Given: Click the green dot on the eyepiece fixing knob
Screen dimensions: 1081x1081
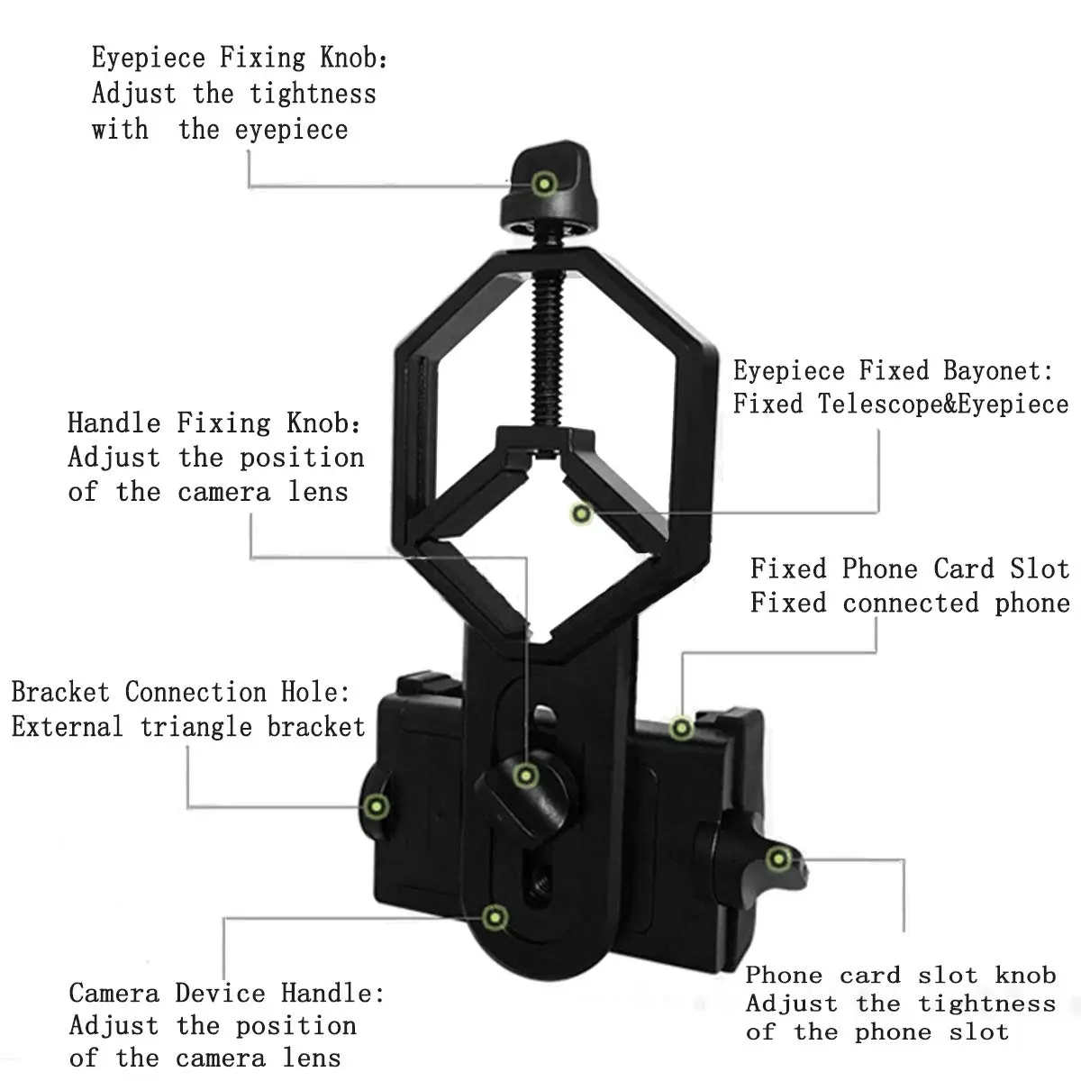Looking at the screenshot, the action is click(543, 184).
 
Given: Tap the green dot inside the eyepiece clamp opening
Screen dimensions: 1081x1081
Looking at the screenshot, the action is click(581, 513).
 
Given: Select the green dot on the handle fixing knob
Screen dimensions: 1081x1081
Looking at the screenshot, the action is click(525, 776).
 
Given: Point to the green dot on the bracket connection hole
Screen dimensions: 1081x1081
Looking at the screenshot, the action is click(377, 806).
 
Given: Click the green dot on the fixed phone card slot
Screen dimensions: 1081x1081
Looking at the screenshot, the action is click(682, 728).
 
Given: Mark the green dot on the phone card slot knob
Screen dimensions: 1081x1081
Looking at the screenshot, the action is click(778, 858).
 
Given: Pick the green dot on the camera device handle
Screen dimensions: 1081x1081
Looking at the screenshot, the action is click(495, 918).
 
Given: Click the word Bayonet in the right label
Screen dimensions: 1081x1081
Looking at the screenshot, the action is click(998, 371).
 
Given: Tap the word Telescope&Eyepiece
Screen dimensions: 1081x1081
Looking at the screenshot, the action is click(943, 404).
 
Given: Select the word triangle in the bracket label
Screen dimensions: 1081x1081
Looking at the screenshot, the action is click(195, 728).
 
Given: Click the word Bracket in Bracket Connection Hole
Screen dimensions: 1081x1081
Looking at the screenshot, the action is click(60, 692).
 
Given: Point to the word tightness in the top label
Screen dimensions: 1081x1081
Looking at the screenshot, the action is click(313, 94).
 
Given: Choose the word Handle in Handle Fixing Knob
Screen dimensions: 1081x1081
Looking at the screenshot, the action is click(114, 423).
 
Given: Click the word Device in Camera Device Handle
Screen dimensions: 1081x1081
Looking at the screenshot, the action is click(220, 994).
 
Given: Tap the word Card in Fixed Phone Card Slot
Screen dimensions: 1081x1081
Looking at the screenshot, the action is click(963, 568).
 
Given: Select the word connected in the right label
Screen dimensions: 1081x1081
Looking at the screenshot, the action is click(911, 604).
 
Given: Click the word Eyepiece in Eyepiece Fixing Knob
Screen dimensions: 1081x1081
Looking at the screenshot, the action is click(149, 59).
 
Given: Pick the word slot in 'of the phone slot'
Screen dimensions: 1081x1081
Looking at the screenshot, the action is click(979, 1032).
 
